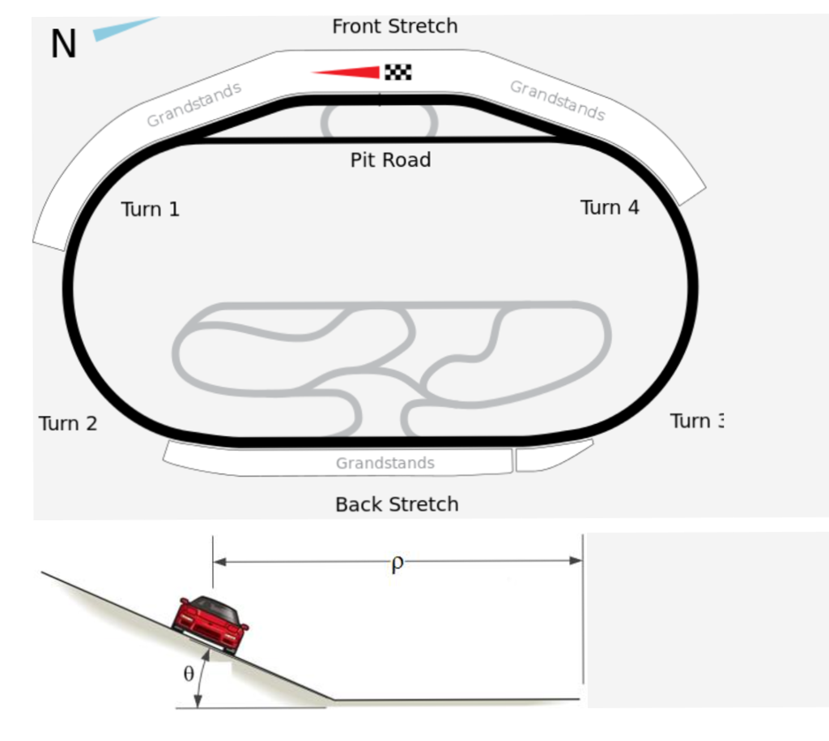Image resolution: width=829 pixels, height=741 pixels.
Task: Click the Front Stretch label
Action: tap(394, 26)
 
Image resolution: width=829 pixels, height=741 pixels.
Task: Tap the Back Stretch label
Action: tap(397, 504)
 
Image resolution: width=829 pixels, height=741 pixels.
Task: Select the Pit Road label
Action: tap(390, 159)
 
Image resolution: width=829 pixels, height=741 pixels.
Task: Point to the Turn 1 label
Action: tap(150, 210)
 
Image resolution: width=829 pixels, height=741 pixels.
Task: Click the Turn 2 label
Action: tap(68, 423)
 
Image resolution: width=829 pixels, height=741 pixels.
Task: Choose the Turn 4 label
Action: tap(610, 208)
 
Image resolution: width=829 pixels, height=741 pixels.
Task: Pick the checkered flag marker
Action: tap(397, 72)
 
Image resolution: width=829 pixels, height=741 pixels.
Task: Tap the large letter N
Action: tap(63, 44)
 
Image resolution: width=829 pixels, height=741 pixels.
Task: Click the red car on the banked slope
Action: tap(209, 624)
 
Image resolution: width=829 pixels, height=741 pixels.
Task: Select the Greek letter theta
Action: tap(189, 674)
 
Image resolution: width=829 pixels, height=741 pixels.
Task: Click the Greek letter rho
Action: tap(397, 563)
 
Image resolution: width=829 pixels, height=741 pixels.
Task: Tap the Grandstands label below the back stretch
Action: tap(385, 464)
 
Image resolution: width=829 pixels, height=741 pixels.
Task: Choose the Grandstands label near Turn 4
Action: tap(557, 100)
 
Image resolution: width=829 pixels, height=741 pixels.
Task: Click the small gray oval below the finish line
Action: tap(380, 122)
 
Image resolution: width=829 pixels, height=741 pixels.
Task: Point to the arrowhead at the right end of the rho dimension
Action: tap(576, 560)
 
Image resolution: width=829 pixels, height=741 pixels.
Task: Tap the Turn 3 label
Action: tap(696, 421)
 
